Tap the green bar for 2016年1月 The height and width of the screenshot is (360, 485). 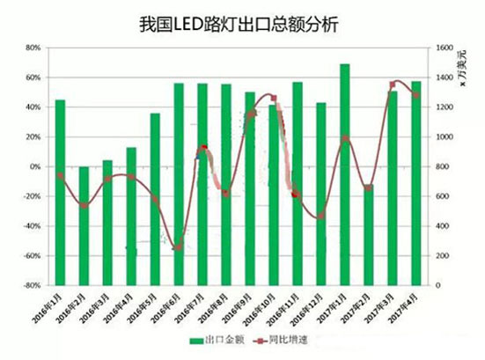tap(61, 192)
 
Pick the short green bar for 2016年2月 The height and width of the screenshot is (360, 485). tap(85, 225)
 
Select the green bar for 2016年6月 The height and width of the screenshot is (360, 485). tap(179, 184)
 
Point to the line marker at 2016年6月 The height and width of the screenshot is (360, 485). tap(179, 247)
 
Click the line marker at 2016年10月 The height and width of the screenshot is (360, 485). tap(274, 98)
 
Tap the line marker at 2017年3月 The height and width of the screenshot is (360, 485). tap(393, 84)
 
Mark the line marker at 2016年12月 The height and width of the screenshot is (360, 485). tap(321, 216)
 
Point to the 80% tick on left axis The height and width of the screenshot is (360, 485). tap(33, 48)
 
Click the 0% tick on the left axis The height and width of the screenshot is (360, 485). tap(35, 166)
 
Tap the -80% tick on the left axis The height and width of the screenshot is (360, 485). tap(32, 285)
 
